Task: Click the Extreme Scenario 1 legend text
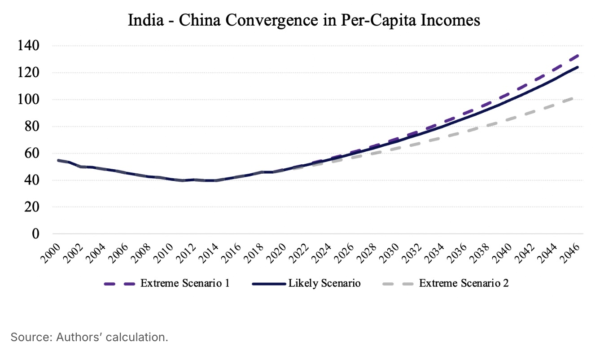point(185,284)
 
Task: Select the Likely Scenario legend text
point(324,284)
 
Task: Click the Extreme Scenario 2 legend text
point(464,284)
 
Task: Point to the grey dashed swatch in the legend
point(398,284)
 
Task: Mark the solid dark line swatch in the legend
point(268,284)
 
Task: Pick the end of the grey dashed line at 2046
point(578,97)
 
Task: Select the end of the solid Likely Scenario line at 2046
point(578,67)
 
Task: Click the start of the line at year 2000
point(58,160)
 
